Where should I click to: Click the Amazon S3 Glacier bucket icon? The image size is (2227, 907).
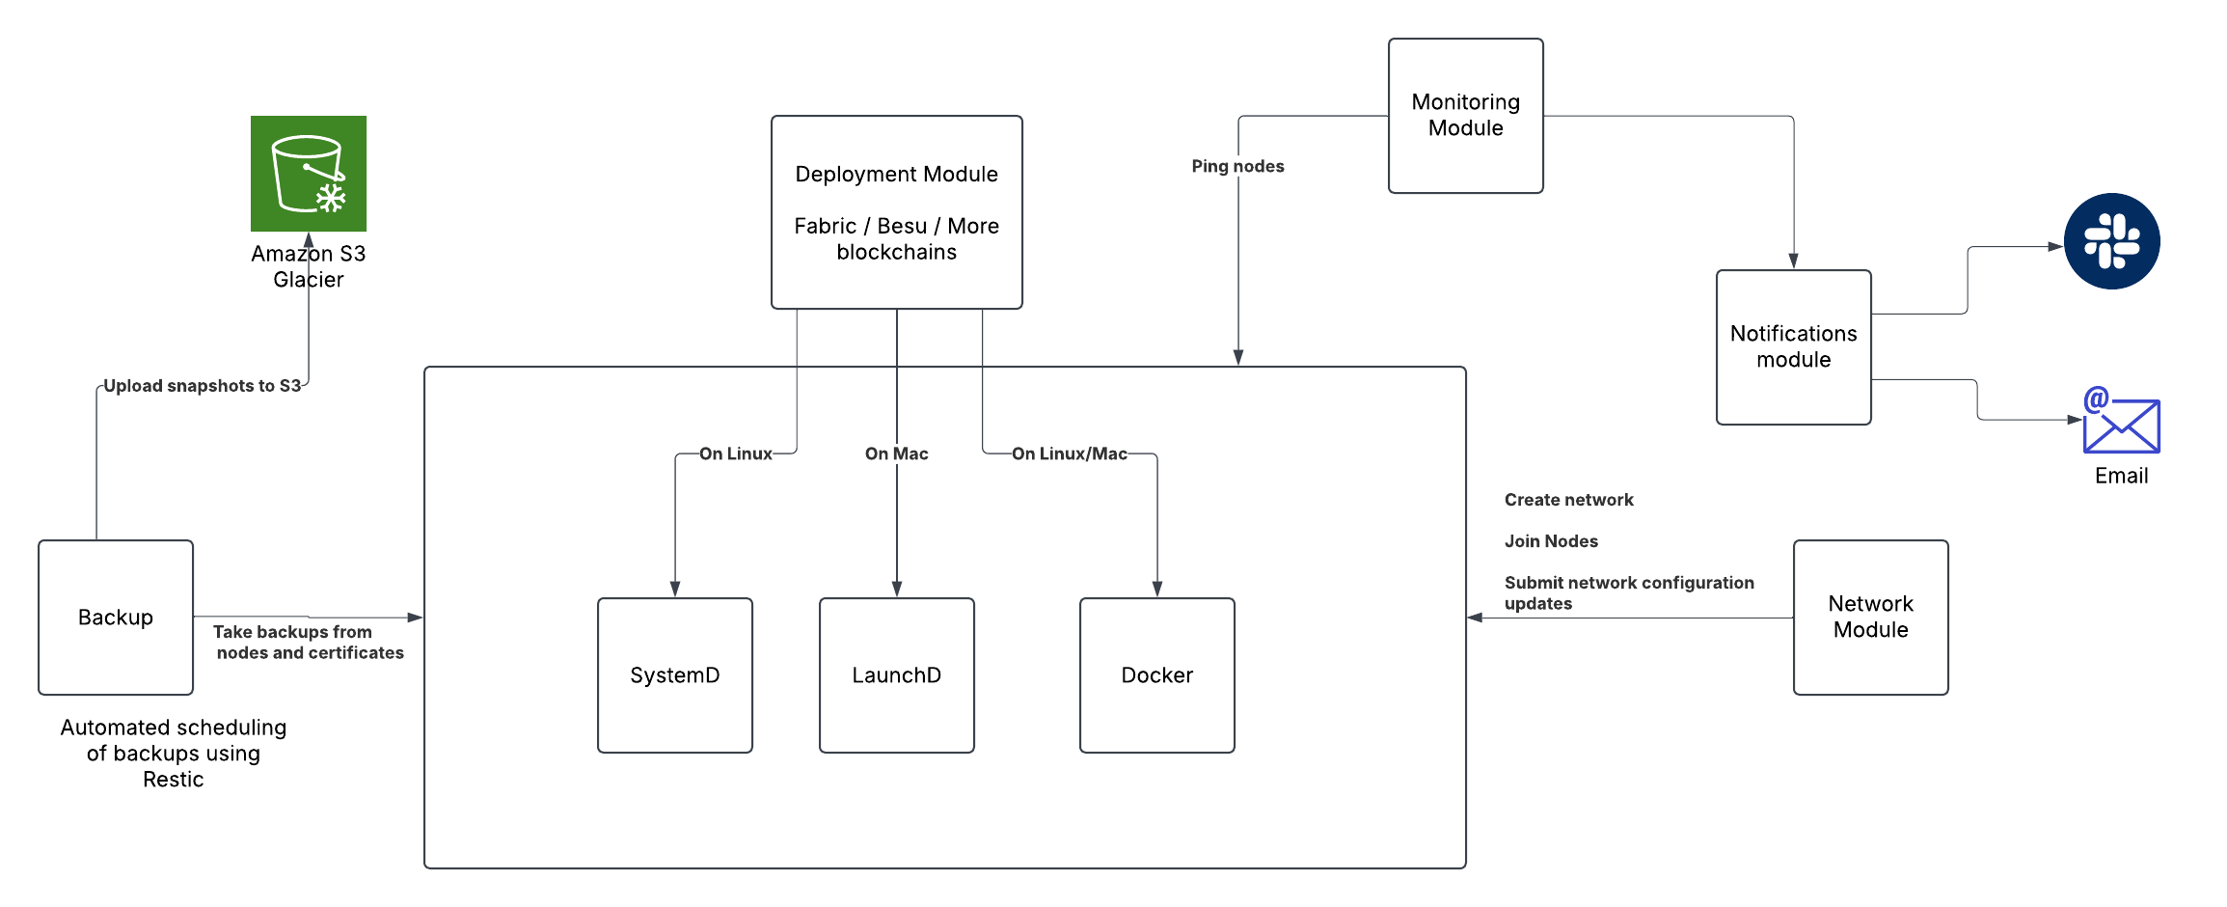pos(309,174)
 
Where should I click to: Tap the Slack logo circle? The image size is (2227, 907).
pos(2111,241)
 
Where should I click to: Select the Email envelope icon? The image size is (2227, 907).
pos(2121,425)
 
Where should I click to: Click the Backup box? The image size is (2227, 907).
pos(116,618)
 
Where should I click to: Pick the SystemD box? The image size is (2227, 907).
pos(675,675)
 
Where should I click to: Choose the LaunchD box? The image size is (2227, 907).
pos(897,675)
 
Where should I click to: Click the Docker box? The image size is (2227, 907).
pos(1157,675)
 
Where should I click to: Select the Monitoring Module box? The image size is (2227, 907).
pos(1465,116)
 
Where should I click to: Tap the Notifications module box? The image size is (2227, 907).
pos(1793,347)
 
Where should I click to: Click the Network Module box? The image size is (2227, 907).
pos(1870,618)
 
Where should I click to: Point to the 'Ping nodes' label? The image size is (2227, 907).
pos(1237,166)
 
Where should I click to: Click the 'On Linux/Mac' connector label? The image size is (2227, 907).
pos(1069,453)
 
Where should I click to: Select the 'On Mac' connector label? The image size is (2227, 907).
pos(896,453)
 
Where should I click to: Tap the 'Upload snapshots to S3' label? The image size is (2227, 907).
pos(202,386)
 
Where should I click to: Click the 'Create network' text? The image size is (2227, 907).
pos(1568,500)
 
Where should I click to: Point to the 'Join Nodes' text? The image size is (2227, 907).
pos(1551,541)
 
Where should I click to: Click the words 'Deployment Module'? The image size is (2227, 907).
pos(896,175)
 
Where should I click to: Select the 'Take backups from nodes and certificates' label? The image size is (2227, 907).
pos(308,643)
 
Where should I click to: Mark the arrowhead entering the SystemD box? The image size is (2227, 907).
pos(675,590)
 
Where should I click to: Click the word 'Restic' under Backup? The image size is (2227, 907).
pos(174,780)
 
